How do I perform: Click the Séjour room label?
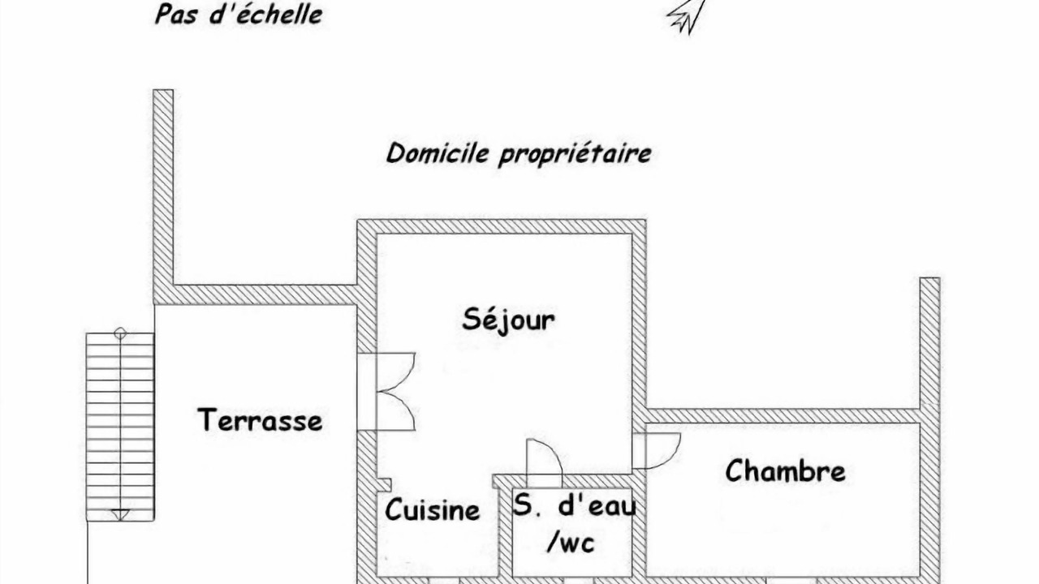(508, 320)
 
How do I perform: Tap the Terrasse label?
(260, 420)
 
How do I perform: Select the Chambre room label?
(785, 470)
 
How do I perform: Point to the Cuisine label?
(433, 510)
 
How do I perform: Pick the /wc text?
(571, 543)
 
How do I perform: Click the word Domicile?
(437, 153)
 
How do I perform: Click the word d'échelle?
(265, 14)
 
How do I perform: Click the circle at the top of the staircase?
(120, 333)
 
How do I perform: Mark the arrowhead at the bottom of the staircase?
(119, 514)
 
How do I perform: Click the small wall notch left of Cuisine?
(385, 484)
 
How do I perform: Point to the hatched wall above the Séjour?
(502, 226)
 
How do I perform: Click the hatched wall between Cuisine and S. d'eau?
(505, 532)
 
